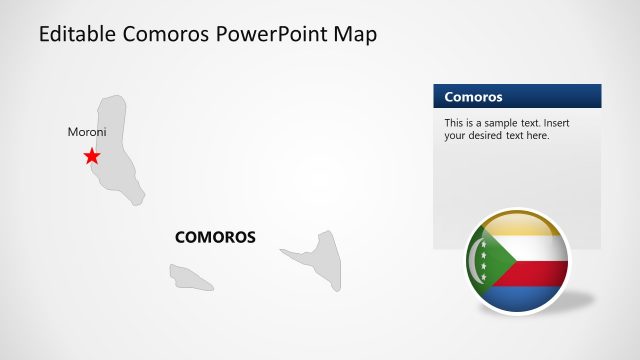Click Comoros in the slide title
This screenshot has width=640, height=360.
[x=168, y=35]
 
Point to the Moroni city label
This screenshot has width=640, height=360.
[x=87, y=132]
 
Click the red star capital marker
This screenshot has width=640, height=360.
[x=92, y=156]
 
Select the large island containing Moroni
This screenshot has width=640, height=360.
[x=118, y=150]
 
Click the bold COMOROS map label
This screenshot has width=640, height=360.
[x=215, y=238]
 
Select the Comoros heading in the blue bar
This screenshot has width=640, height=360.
[x=473, y=97]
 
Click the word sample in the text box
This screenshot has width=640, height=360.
[x=504, y=122]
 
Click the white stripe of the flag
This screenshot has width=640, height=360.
[x=535, y=247]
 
